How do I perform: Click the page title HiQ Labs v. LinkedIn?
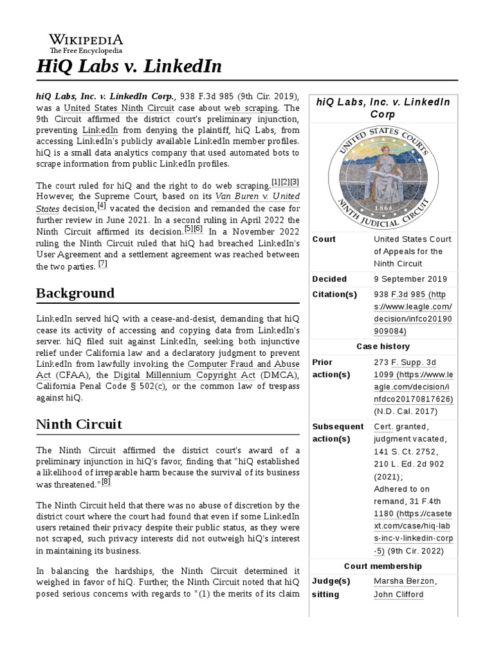[x=129, y=66]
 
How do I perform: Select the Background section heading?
[x=75, y=293]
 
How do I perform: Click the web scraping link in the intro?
[x=251, y=107]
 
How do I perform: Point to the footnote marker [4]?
[x=102, y=206]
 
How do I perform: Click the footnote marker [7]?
[x=103, y=264]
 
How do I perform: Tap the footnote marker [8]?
[x=106, y=481]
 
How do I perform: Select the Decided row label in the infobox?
[x=329, y=279]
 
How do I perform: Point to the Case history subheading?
[x=383, y=346]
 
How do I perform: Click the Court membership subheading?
[x=383, y=566]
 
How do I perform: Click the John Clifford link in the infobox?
[x=398, y=594]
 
